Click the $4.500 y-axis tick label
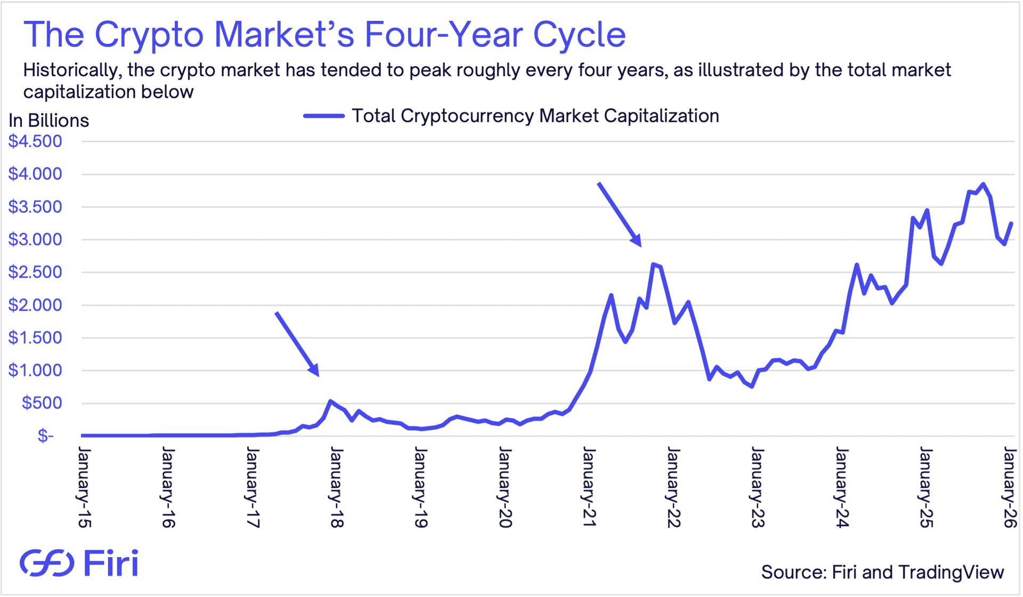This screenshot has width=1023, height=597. coord(35,141)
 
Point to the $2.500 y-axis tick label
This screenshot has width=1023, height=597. coord(35,272)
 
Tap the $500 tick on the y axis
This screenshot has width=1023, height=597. coord(42,403)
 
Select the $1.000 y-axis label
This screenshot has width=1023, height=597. coord(35,370)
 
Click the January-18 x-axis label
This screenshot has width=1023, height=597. coord(337,488)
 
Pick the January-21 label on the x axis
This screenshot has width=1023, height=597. coord(589,488)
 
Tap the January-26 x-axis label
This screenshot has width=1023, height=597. coord(1010,488)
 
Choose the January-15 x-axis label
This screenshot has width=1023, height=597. coord(84,488)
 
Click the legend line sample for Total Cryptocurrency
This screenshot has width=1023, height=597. coord(324,116)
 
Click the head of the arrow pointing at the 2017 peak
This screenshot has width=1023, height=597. coord(316,372)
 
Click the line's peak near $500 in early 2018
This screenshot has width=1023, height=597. coord(330,401)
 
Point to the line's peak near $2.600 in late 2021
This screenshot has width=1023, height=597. coord(653,264)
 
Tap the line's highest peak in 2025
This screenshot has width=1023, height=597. coord(983,184)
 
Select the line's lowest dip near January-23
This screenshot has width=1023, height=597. coord(752,386)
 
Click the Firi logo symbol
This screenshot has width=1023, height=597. coord(47,563)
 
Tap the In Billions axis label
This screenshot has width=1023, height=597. coord(48,120)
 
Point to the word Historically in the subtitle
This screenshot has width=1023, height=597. coord(70,70)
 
